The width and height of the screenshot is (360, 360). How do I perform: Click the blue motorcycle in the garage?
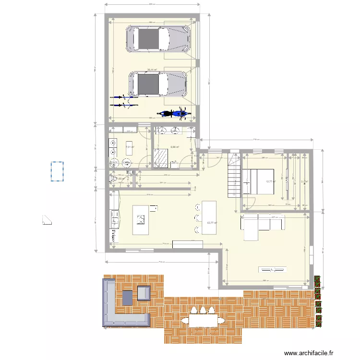click(x=174, y=114)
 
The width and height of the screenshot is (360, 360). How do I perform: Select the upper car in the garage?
click(x=157, y=39)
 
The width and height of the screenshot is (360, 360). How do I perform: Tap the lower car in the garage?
click(x=158, y=84)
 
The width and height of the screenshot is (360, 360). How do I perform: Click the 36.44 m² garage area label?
click(x=153, y=70)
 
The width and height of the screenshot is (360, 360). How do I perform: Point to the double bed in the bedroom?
click(x=259, y=181)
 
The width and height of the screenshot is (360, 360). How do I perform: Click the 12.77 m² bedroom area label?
click(x=270, y=181)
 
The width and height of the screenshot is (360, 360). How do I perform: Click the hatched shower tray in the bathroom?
click(x=161, y=156)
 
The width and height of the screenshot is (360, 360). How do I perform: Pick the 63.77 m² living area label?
click(x=211, y=223)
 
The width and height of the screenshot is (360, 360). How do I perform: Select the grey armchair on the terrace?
click(x=144, y=293)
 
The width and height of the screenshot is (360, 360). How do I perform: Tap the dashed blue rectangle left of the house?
click(x=58, y=171)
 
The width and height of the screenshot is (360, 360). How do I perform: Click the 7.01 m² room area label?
click(x=129, y=147)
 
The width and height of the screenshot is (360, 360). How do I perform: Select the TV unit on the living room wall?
click(x=273, y=269)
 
